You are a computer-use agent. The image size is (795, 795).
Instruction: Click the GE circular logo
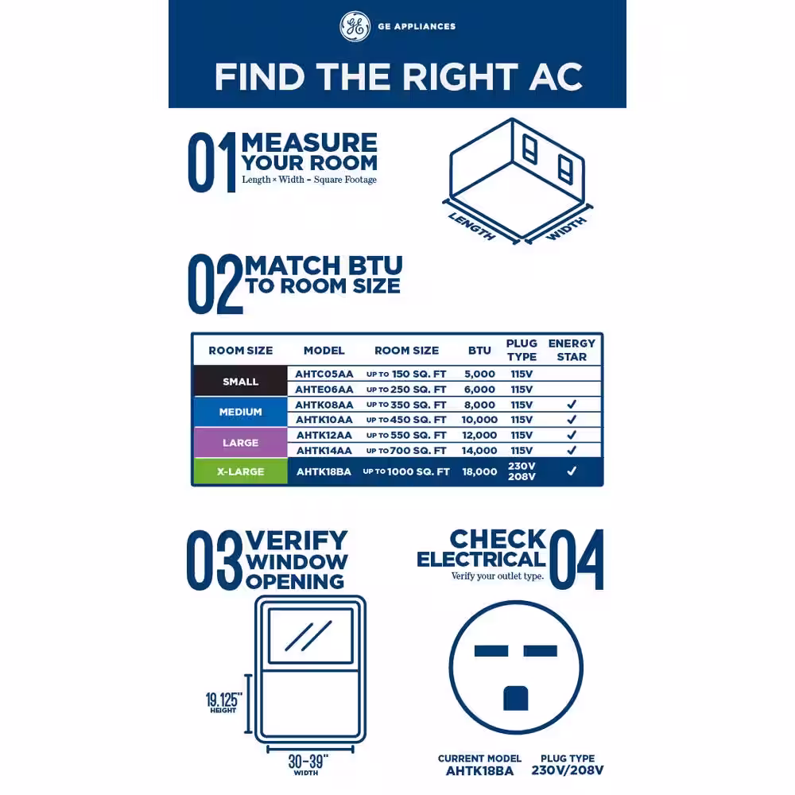355,26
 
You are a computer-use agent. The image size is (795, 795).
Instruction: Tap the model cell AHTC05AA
324,374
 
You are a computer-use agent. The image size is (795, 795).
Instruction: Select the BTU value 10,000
479,420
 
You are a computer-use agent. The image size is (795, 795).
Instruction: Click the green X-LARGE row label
240,471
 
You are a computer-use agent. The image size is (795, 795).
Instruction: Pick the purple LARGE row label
240,443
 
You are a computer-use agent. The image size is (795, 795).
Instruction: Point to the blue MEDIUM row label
240,412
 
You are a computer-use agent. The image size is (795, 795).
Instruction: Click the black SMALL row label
240,382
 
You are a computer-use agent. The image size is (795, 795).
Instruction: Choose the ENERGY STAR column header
572,350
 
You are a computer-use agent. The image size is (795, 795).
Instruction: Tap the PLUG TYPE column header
522,350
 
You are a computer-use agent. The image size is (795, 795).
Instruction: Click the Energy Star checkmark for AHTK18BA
572,471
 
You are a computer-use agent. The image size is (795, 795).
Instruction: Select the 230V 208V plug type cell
522,471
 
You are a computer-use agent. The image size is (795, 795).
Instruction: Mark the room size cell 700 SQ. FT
406,450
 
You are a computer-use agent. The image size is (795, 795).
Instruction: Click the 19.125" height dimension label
223,703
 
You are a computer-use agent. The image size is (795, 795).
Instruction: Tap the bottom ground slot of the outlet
516,698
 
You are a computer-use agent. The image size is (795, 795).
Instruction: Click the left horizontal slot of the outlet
491,651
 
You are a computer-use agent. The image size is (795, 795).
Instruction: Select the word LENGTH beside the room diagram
472,227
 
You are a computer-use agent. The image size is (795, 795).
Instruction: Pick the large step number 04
576,560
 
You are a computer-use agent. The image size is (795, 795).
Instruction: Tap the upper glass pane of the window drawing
310,636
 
